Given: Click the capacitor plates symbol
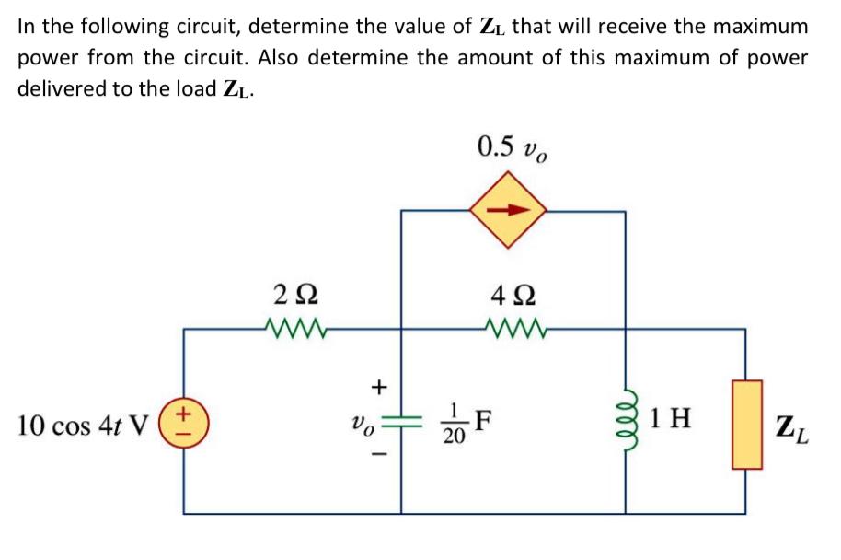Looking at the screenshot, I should point(401,423).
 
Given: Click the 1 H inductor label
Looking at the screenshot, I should point(671,422).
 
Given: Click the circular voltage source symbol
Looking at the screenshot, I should point(185,425).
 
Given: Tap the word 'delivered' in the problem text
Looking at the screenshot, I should point(57,88).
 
